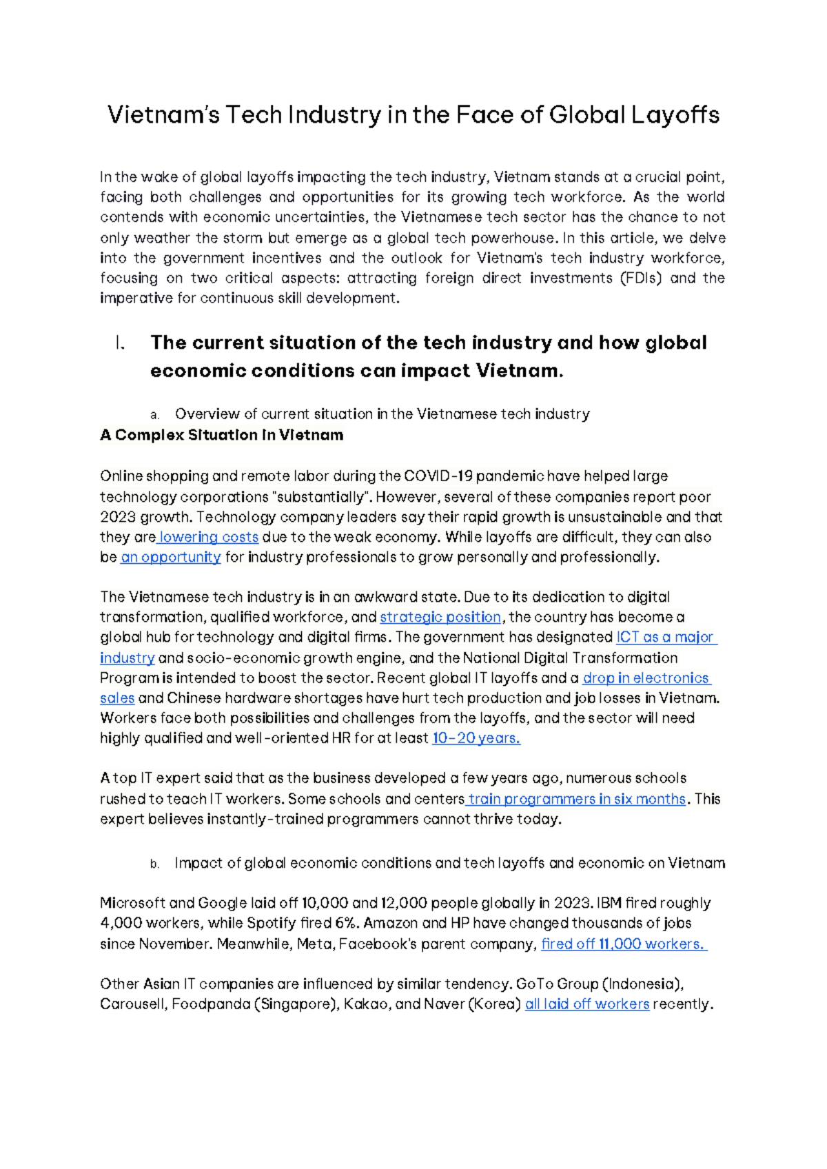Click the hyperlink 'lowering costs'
(x=209, y=537)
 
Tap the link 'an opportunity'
(x=171, y=557)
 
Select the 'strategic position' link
(x=440, y=617)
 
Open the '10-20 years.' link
(x=476, y=738)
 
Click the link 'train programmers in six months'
(x=578, y=799)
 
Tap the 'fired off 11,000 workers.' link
(x=623, y=944)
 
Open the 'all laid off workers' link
(x=587, y=1004)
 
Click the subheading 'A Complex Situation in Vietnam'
(x=221, y=436)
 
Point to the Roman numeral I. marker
(x=120, y=343)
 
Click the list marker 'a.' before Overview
(x=154, y=415)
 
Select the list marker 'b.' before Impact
(x=154, y=864)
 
